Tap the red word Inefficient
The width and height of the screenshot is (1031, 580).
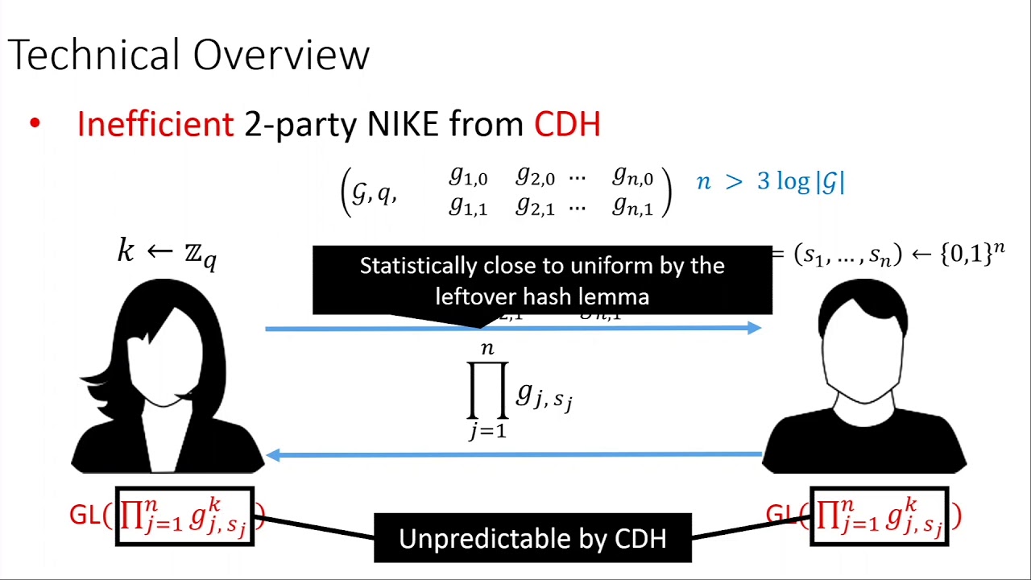click(x=155, y=124)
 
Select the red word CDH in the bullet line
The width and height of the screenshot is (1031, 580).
click(x=567, y=124)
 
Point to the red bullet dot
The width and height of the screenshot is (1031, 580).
click(x=35, y=124)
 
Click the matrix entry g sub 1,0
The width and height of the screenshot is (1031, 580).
click(x=468, y=176)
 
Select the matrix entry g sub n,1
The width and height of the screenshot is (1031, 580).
click(x=632, y=206)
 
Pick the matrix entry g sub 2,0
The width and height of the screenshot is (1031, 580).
click(x=535, y=176)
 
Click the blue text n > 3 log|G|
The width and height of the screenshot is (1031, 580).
click(x=770, y=182)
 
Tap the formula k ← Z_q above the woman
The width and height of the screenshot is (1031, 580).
click(x=167, y=253)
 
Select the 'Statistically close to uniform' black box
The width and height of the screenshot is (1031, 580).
click(x=542, y=280)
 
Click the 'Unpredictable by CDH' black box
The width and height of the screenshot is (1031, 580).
click(x=532, y=538)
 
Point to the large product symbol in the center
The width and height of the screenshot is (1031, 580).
click(x=488, y=391)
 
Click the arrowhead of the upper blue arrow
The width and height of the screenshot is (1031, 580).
click(x=754, y=328)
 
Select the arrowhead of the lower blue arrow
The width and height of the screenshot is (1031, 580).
click(x=273, y=455)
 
